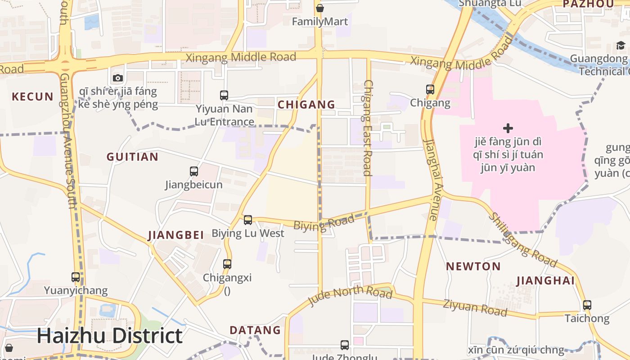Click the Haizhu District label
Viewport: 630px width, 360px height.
coord(109,336)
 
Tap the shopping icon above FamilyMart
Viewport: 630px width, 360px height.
coord(319,8)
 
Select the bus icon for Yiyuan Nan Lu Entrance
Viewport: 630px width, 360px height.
coord(224,95)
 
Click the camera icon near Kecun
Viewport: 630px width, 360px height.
coord(118,78)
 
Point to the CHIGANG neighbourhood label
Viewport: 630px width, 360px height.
coord(306,104)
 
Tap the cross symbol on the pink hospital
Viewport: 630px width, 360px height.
coord(508,128)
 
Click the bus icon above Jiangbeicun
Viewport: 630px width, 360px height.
coord(193,171)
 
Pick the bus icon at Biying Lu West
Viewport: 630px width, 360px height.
coord(247,220)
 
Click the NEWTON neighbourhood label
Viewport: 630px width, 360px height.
coord(473,266)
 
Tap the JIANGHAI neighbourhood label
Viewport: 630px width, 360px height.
coord(545,281)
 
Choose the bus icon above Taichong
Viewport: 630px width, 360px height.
coord(587,305)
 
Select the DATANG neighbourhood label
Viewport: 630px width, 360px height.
coord(255,330)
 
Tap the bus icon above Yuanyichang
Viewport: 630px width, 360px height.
coord(76,277)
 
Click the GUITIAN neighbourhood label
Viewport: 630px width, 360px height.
coord(132,157)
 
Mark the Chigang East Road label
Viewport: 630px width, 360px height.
coord(368,128)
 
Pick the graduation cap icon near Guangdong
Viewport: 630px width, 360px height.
coord(621,45)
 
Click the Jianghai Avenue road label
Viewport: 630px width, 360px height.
coord(431,180)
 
